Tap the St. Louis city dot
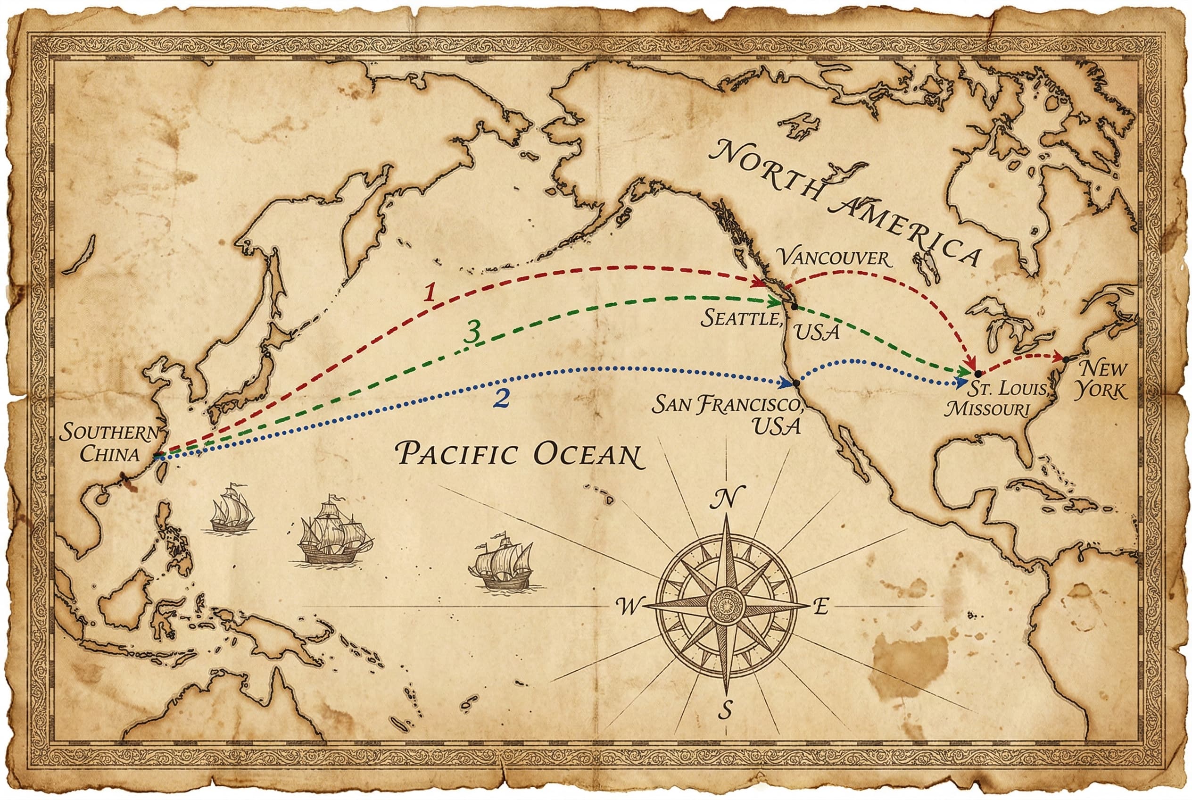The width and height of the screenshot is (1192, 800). point(977,374)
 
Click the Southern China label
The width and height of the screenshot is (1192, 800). point(110,443)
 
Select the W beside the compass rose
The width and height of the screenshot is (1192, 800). point(629,606)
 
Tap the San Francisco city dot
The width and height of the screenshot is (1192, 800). point(795,383)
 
